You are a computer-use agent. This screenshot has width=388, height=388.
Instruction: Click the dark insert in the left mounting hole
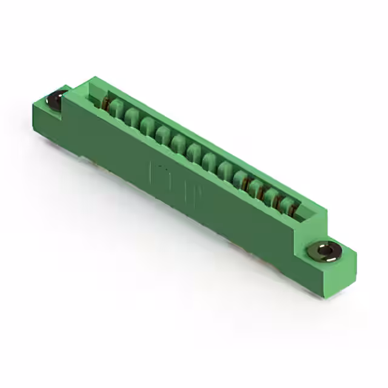[x=58, y=99]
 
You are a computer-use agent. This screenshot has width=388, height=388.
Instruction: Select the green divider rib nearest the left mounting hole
[x=116, y=111]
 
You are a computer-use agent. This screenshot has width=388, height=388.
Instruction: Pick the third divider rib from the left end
[x=147, y=127]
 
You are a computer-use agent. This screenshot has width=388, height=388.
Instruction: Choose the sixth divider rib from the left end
[x=193, y=152]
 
